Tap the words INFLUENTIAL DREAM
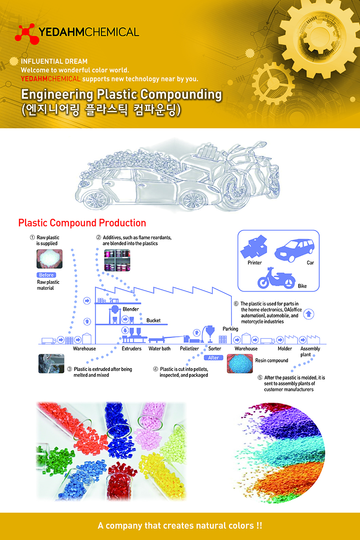click(54, 62)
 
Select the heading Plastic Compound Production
click(82, 223)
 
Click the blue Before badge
click(46, 275)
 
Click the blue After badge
click(213, 357)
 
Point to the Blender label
click(131, 309)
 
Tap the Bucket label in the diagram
click(153, 320)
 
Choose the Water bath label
click(159, 349)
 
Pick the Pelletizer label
click(190, 349)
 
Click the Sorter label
click(215, 349)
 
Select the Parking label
click(230, 329)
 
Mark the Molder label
click(284, 349)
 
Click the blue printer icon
click(255, 247)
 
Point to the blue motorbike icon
click(276, 278)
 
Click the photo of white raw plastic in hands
click(50, 259)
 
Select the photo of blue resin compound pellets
click(240, 364)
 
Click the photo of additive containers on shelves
click(117, 260)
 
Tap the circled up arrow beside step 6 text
click(309, 314)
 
